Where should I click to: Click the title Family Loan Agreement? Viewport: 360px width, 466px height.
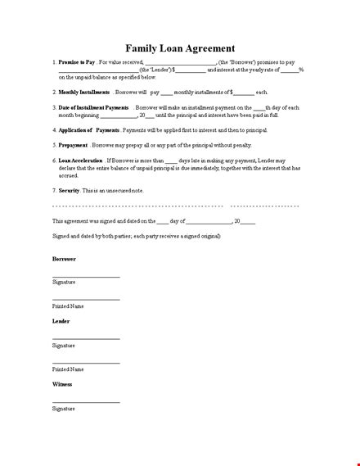[x=180, y=48]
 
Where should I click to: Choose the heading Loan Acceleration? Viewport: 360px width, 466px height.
[x=80, y=161]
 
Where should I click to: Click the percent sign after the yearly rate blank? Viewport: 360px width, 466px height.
[x=301, y=70]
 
